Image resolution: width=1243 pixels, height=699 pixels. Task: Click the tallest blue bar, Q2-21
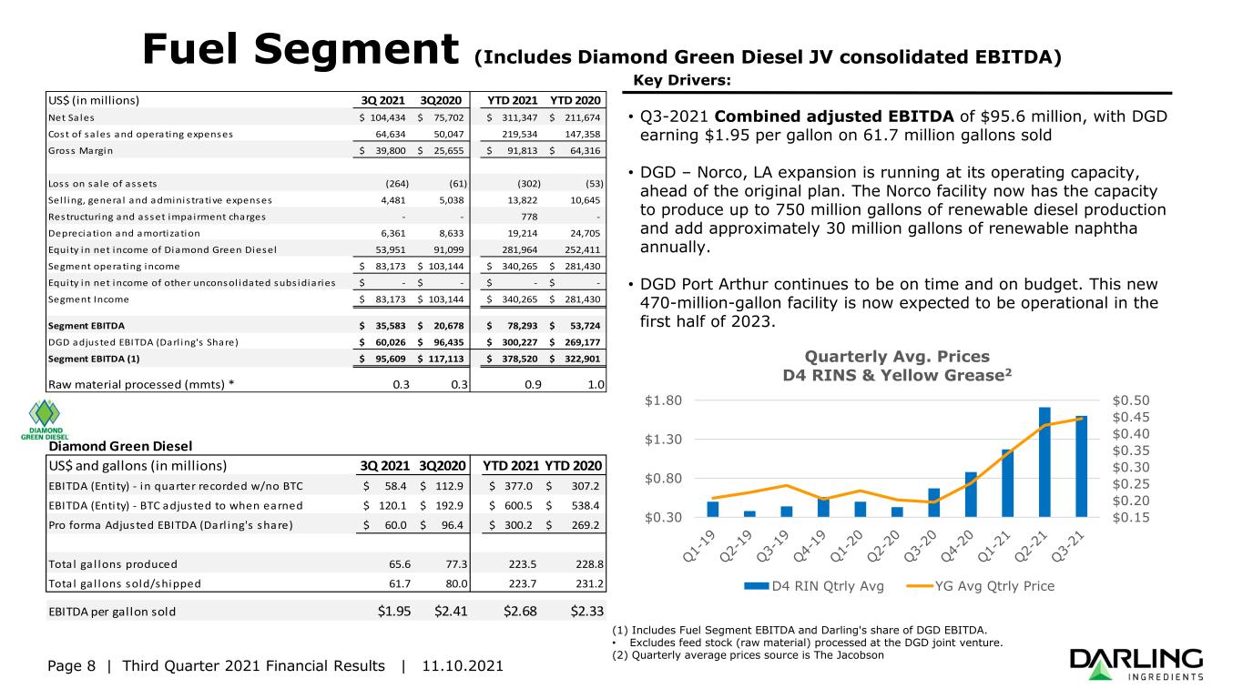pyautogui.click(x=1044, y=461)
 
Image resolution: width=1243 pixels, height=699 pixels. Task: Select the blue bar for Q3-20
pyautogui.click(x=934, y=502)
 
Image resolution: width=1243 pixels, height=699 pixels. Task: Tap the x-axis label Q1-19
pyautogui.click(x=699, y=546)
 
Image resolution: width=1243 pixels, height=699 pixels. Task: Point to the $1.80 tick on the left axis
pyautogui.click(x=663, y=400)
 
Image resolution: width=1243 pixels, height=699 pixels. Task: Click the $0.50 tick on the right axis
pyautogui.click(x=1131, y=400)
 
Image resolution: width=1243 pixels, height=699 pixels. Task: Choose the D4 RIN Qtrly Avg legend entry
pyautogui.click(x=814, y=586)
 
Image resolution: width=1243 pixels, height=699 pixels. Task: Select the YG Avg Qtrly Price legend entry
pyautogui.click(x=981, y=586)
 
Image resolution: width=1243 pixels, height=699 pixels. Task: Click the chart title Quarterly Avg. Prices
pyautogui.click(x=897, y=356)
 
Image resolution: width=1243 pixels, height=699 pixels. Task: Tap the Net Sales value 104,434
pyautogui.click(x=388, y=117)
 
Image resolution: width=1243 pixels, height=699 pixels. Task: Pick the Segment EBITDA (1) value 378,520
pyautogui.click(x=520, y=359)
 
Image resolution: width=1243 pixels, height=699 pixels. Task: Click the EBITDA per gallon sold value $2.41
pyautogui.click(x=451, y=612)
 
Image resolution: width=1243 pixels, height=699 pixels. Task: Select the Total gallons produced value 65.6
pyautogui.click(x=400, y=564)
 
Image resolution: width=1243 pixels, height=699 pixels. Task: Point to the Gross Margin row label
pyautogui.click(x=80, y=151)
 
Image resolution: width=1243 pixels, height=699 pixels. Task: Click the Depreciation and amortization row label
pyautogui.click(x=124, y=234)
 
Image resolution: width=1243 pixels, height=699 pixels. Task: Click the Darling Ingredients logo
pyautogui.click(x=1136, y=664)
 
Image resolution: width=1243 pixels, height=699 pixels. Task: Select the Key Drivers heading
pyautogui.click(x=682, y=80)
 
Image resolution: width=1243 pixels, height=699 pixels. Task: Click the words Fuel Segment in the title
pyautogui.click(x=301, y=50)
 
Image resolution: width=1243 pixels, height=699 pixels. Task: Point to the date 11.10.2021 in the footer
pyautogui.click(x=463, y=665)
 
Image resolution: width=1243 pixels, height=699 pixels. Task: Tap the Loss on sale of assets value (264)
pyautogui.click(x=397, y=184)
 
